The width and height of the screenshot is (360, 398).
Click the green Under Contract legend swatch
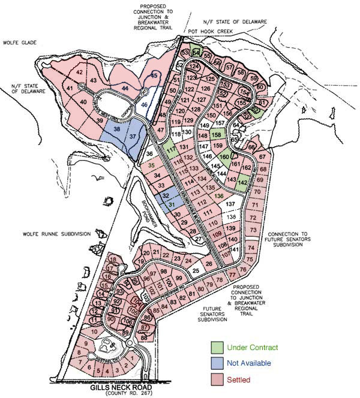(217, 347)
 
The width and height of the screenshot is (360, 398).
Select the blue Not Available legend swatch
(217, 363)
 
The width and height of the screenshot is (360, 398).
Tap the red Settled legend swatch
(217, 379)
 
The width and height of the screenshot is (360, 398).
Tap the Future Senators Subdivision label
(213, 316)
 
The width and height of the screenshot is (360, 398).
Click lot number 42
(80, 72)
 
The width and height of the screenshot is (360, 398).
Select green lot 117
(171, 148)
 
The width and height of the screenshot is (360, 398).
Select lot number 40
(83, 102)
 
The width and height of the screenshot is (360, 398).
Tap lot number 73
(254, 230)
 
